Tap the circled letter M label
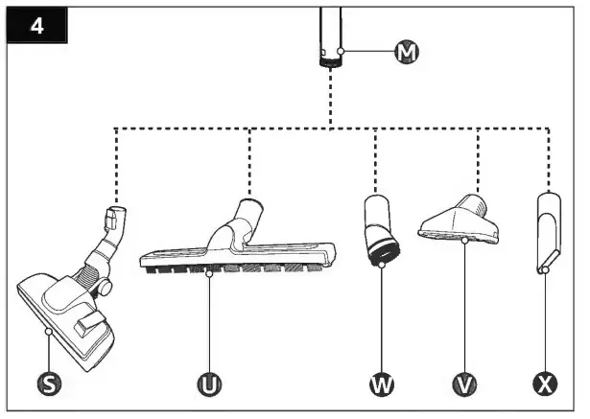point(407,52)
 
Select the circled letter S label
point(46,384)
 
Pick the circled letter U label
point(208,384)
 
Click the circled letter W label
point(382,384)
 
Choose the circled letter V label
point(464,384)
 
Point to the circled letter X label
point(545,384)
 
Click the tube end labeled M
point(331,48)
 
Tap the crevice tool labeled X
point(546,230)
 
